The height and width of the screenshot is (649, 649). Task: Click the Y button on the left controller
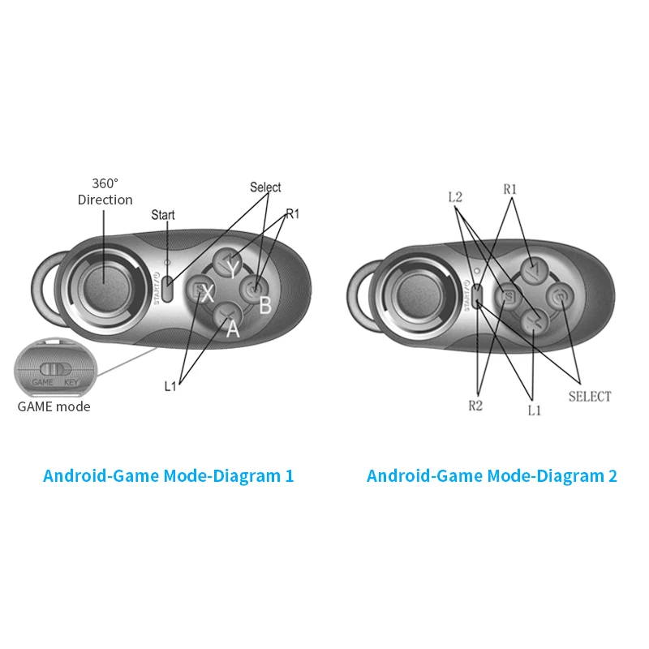(x=230, y=264)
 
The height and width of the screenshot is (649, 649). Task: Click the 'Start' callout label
(x=163, y=215)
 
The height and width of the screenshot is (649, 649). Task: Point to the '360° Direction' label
(x=105, y=191)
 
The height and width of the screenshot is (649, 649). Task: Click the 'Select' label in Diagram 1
(x=265, y=187)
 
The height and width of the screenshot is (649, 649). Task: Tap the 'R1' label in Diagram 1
(x=293, y=214)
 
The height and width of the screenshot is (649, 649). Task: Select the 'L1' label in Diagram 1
(x=170, y=386)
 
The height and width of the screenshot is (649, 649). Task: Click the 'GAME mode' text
(x=54, y=406)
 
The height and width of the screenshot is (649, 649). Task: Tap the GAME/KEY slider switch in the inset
(x=51, y=368)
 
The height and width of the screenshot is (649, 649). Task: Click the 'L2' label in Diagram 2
(x=457, y=196)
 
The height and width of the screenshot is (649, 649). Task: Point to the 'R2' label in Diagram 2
(x=475, y=406)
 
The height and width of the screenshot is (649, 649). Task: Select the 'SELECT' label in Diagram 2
(x=590, y=397)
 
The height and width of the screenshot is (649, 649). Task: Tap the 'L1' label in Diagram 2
(x=534, y=410)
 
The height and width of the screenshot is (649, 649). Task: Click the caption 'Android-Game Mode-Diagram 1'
(x=168, y=476)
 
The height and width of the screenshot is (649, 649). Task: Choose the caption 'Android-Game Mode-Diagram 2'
(x=492, y=476)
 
